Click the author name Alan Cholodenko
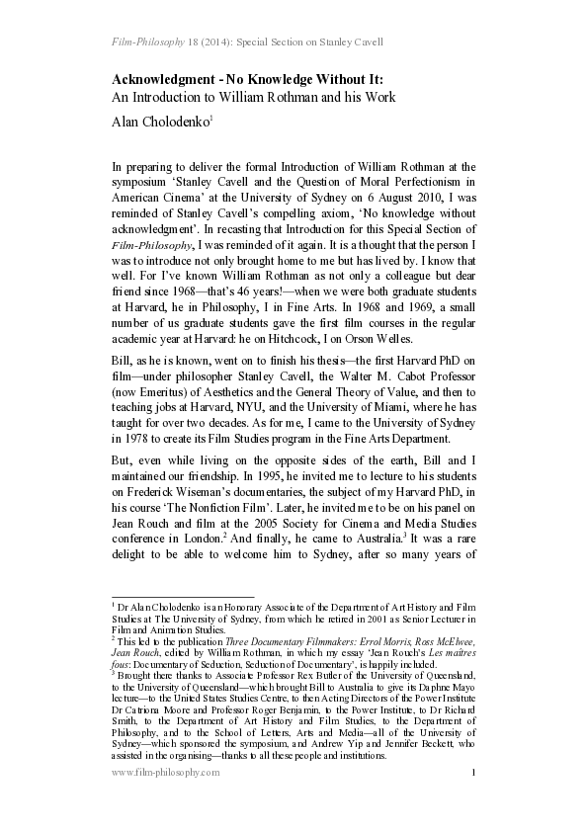pos(160,121)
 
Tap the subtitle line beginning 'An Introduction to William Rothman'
pos(254,97)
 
